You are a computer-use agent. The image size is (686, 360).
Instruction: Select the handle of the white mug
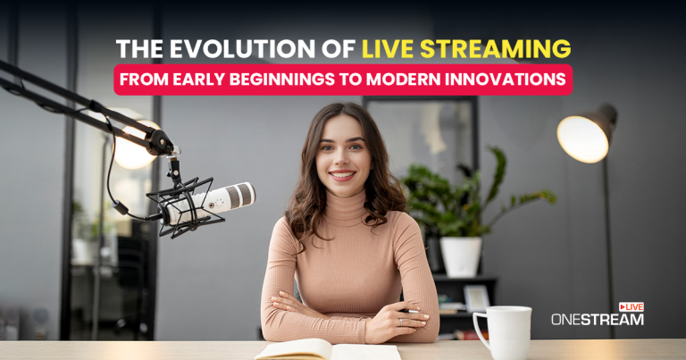click(481, 329)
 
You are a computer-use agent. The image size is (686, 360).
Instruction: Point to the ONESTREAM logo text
click(597, 320)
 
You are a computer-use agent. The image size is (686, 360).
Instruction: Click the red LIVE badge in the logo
click(631, 307)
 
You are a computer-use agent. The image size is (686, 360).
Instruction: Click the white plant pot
click(461, 255)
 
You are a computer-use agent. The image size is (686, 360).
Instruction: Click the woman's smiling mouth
click(342, 175)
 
